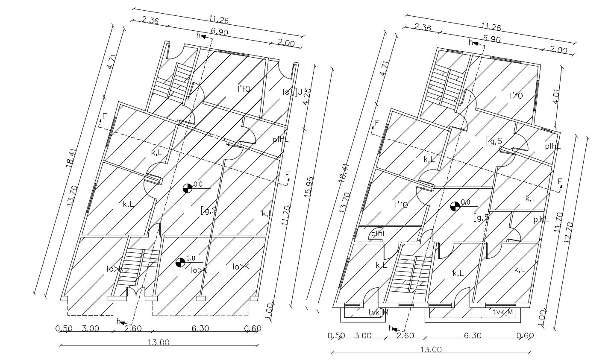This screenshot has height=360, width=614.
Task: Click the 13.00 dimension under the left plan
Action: (x=159, y=342)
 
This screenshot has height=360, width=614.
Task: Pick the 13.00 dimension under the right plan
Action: (x=431, y=349)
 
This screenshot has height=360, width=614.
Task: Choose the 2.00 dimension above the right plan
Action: (x=558, y=50)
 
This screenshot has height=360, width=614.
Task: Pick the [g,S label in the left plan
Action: (x=209, y=210)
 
